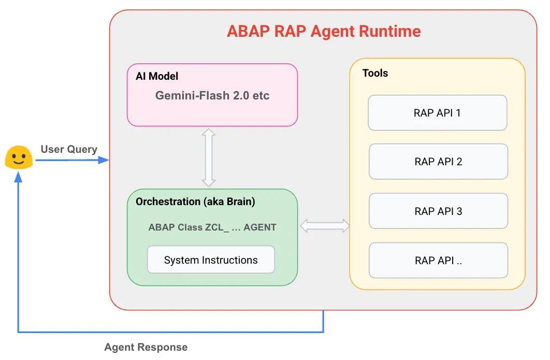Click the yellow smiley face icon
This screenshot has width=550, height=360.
[x=19, y=157]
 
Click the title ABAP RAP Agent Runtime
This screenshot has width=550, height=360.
[x=324, y=31]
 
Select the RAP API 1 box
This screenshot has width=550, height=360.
[x=437, y=112]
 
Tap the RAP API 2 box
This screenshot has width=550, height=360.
[x=438, y=162]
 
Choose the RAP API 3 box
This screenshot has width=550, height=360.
[x=438, y=211]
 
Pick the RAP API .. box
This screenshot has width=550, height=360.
[x=438, y=261]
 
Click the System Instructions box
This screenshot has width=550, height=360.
[x=211, y=260]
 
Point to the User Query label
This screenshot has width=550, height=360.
[x=69, y=149]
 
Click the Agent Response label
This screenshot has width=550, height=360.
[x=146, y=347]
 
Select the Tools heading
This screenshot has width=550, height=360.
[x=375, y=73]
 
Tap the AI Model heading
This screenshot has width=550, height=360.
[x=157, y=76]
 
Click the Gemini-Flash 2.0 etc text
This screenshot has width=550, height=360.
[x=212, y=96]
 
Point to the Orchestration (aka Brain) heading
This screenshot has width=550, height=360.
[x=195, y=201]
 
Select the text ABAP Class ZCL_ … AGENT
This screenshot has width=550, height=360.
[x=212, y=227]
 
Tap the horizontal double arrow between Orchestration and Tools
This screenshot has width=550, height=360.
[x=325, y=225]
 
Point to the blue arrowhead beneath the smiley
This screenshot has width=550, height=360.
[x=19, y=177]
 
